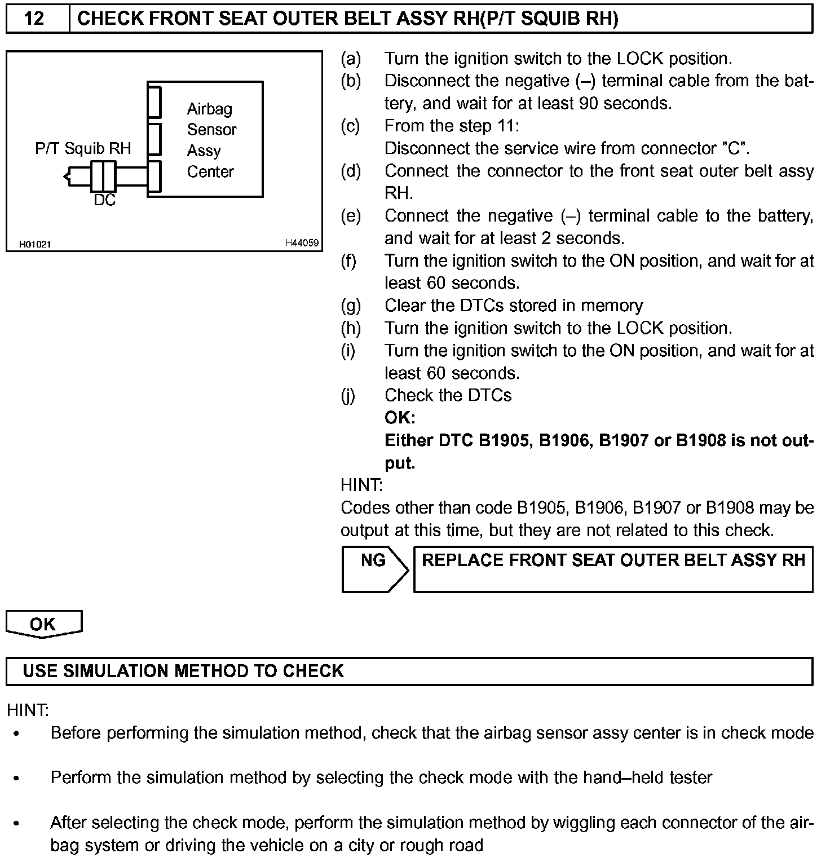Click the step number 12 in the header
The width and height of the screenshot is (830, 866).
click(x=34, y=19)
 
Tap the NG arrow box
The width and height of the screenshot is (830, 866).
click(x=374, y=569)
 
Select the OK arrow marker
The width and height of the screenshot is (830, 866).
click(x=43, y=624)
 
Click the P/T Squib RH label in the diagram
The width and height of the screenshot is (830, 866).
click(x=83, y=148)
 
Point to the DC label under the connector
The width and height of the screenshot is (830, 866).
click(x=105, y=200)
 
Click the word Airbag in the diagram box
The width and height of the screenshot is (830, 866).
click(x=209, y=109)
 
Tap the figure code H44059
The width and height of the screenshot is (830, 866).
click(x=302, y=244)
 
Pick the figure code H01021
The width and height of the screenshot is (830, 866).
click(x=36, y=244)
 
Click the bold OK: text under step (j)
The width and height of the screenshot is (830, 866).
click(x=400, y=418)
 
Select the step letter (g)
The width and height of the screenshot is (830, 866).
click(x=351, y=306)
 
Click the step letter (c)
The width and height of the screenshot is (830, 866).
click(x=350, y=126)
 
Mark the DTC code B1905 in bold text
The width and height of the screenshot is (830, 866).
click(x=504, y=440)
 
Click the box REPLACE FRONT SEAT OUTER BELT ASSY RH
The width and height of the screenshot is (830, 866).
click(x=613, y=569)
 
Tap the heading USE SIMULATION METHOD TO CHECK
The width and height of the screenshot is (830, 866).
click(x=183, y=671)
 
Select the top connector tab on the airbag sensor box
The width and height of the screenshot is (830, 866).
click(x=154, y=102)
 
